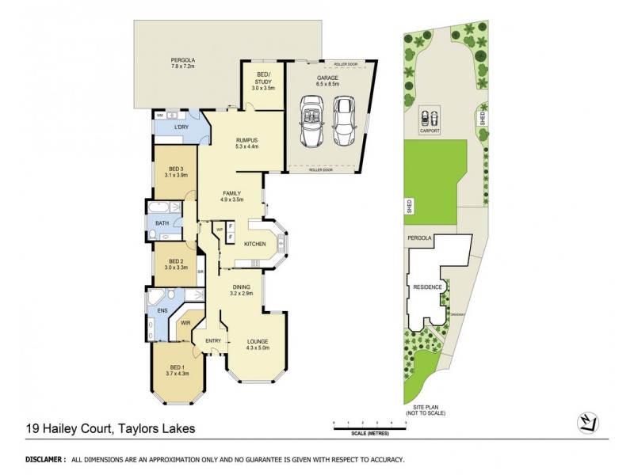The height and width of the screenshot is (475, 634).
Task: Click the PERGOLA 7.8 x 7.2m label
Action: coord(182,63)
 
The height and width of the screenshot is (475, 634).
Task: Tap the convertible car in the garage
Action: coord(310,120)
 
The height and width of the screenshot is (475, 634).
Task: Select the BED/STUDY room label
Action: coord(264,81)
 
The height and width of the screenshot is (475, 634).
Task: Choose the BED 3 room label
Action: coord(176,172)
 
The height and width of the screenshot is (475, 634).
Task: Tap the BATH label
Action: coord(162,223)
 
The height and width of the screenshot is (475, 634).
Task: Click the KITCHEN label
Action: coord(254,244)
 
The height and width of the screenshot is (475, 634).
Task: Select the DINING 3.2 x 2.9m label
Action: coord(242,291)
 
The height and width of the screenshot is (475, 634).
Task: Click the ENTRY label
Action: coord(213,340)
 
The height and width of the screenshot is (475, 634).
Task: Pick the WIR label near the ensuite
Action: coord(185,324)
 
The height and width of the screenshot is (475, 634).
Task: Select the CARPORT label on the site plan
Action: coord(430,131)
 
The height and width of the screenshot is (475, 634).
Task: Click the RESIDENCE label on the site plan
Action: coord(426,287)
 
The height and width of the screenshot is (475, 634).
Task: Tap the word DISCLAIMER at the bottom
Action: coord(45,459)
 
